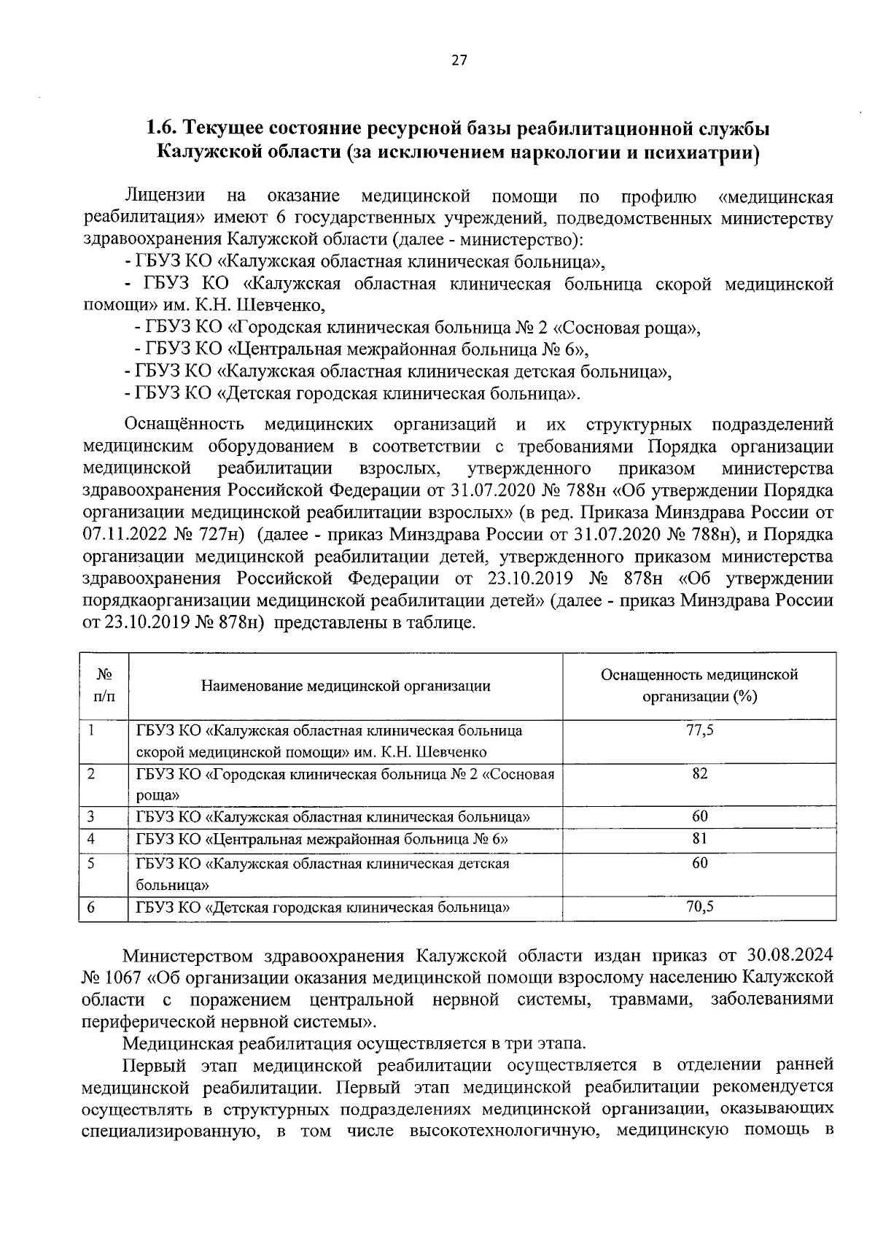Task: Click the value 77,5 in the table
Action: point(699,730)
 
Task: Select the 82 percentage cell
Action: point(699,773)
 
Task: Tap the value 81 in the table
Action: point(699,839)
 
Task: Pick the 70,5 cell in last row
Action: point(699,907)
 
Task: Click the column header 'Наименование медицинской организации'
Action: point(346,686)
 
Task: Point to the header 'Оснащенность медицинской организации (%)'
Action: point(699,685)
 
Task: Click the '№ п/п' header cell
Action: point(104,686)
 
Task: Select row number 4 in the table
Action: point(91,839)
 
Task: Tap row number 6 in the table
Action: point(91,907)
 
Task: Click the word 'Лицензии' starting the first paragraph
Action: point(165,197)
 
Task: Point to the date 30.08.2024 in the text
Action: point(790,956)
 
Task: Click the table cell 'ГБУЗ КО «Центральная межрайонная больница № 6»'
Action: point(322,839)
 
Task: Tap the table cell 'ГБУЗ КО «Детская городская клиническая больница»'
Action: point(322,907)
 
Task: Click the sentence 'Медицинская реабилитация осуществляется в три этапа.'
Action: point(353,1043)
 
